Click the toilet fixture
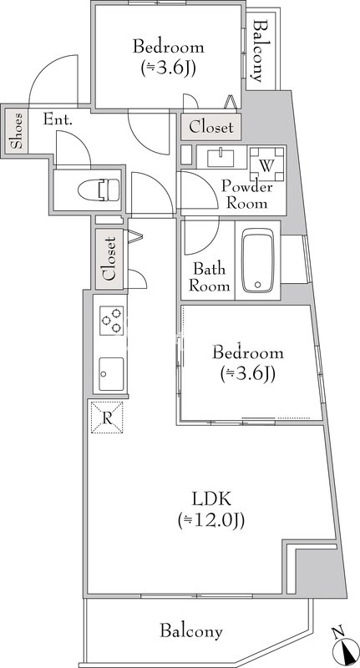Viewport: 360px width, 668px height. pos(99,190)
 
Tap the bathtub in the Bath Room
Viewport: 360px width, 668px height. pos(258,261)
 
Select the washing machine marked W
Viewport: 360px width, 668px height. pos(266,164)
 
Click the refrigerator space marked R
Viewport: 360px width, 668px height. pos(107,417)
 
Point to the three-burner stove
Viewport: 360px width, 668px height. pos(112,321)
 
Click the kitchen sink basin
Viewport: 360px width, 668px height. pos(112,374)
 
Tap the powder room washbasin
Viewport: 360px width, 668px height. pos(221,158)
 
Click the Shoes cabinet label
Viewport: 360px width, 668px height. pos(17,130)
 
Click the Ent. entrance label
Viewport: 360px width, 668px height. pos(58,119)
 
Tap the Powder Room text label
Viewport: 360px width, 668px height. pos(246,195)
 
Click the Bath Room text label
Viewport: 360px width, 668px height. pos(209,277)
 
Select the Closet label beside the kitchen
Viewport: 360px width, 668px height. pos(110,259)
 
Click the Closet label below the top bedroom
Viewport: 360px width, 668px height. pos(210,127)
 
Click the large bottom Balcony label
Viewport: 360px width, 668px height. pos(191,630)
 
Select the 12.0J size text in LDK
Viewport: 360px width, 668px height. pos(210,520)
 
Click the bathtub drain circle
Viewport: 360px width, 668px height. pos(257,285)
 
